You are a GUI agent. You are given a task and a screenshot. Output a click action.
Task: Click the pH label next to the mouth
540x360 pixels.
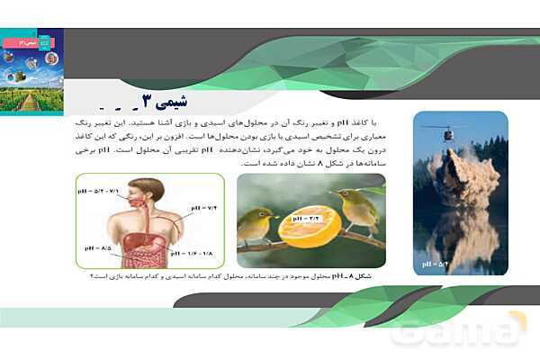tap(100, 192)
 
